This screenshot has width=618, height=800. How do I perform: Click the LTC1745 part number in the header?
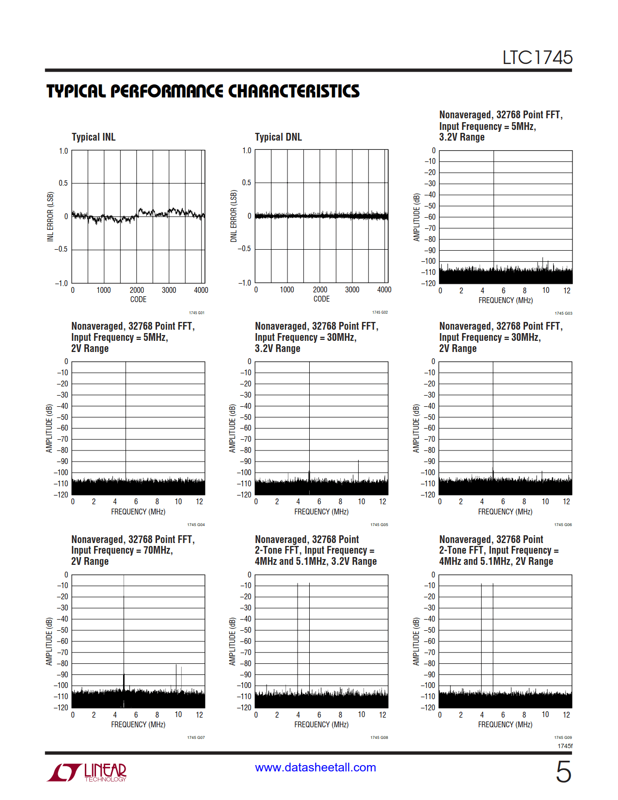pyautogui.click(x=537, y=58)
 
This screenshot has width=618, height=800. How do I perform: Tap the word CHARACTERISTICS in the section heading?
pyautogui.click(x=294, y=91)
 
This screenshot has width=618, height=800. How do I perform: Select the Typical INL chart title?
pyautogui.click(x=94, y=137)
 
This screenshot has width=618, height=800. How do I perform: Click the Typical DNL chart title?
pyautogui.click(x=278, y=137)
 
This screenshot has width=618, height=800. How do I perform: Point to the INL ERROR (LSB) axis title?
pyautogui.click(x=50, y=217)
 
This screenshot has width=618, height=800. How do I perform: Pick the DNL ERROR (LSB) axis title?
pyautogui.click(x=234, y=216)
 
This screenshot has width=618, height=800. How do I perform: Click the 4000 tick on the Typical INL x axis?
pyautogui.click(x=201, y=290)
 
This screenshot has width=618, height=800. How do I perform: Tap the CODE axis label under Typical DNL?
pyautogui.click(x=321, y=299)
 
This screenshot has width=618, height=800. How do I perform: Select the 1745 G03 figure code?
pyautogui.click(x=563, y=313)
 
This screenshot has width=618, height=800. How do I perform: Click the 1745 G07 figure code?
pyautogui.click(x=196, y=737)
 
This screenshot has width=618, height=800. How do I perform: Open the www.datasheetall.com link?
pyautogui.click(x=316, y=768)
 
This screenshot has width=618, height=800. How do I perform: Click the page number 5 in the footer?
pyautogui.click(x=563, y=771)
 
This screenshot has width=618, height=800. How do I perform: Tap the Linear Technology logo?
pyautogui.click(x=87, y=772)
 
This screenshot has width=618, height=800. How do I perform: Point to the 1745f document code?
pyautogui.click(x=565, y=746)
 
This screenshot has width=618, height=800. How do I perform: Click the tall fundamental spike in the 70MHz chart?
pyautogui.click(x=124, y=630)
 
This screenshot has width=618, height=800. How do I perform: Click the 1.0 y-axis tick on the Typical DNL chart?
pyautogui.click(x=247, y=151)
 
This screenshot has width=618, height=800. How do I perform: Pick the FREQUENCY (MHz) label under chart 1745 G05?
pyautogui.click(x=321, y=512)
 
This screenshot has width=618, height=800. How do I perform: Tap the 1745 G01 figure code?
pyautogui.click(x=196, y=313)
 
